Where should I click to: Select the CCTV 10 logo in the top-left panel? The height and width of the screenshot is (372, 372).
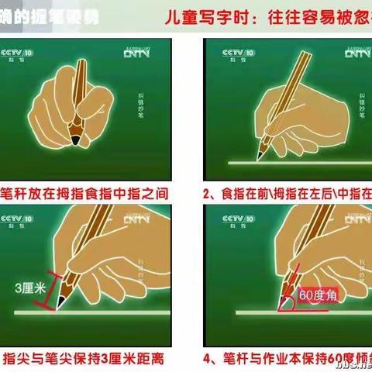click(x=16, y=54)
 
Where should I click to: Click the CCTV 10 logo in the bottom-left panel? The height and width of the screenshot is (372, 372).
click(x=16, y=222)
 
